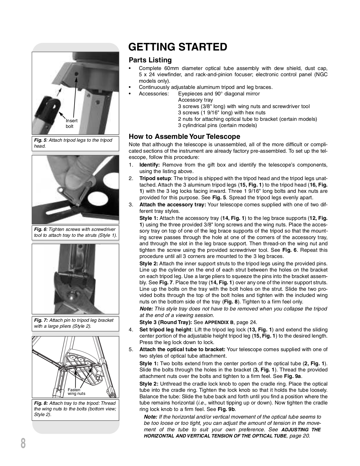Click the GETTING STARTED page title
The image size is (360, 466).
[x=178, y=47]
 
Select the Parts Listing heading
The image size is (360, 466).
[x=150, y=60]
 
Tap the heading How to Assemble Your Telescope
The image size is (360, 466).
[x=184, y=137]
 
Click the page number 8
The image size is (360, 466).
[x=23, y=443]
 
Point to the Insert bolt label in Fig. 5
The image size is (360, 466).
[x=71, y=123]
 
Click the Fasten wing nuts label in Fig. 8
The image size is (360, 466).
[x=76, y=391]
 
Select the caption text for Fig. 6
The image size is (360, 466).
[x=75, y=232]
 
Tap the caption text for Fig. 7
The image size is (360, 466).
[x=73, y=323]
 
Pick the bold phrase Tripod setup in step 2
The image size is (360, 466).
[x=155, y=178]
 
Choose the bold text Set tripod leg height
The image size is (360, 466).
[x=165, y=330]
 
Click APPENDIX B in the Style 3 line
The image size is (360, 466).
[x=219, y=322]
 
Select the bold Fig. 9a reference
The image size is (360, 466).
[x=293, y=376]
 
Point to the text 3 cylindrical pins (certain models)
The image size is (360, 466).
[x=217, y=125]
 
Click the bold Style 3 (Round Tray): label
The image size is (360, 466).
[x=166, y=322]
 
